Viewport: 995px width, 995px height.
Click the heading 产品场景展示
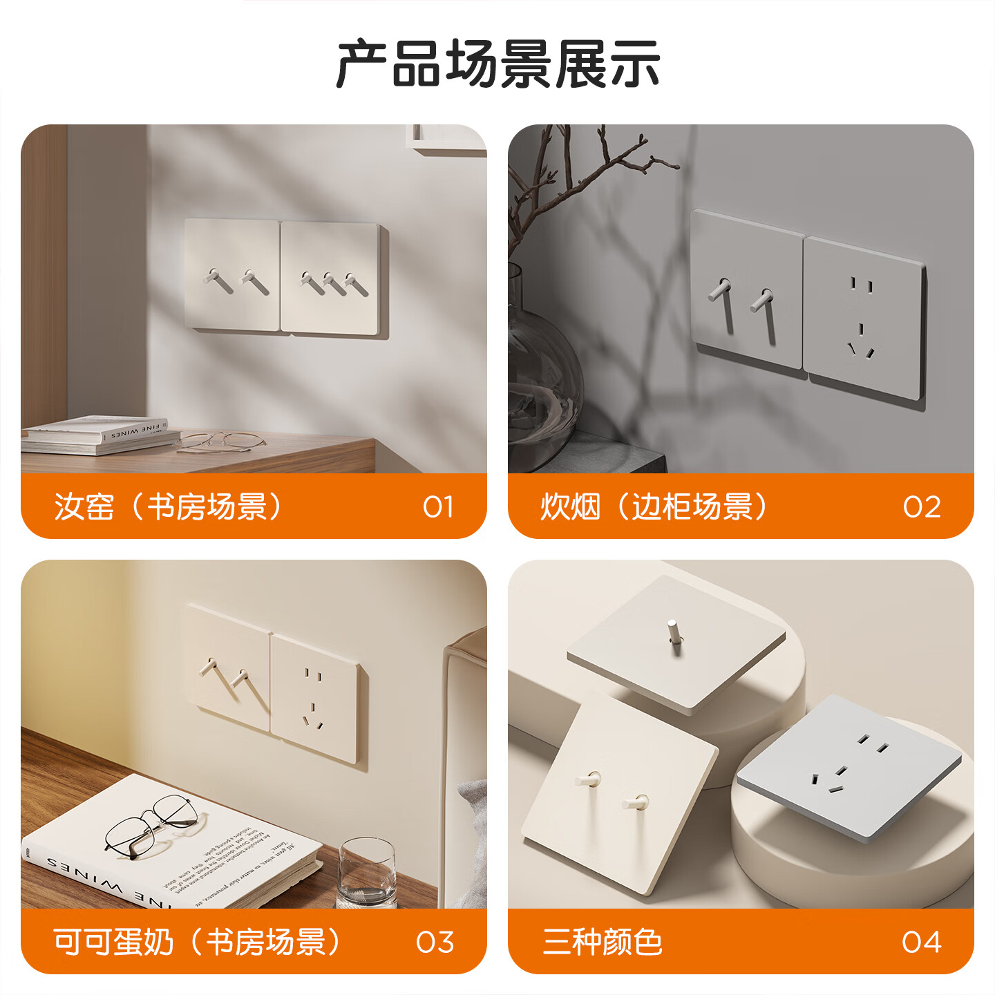(497, 64)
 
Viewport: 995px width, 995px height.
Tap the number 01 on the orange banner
(438, 507)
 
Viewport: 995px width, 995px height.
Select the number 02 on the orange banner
(922, 507)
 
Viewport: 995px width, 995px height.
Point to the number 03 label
(435, 942)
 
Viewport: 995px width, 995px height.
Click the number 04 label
(922, 942)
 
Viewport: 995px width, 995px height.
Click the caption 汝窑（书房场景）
(169, 507)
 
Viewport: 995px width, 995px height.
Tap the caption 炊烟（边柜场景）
(654, 507)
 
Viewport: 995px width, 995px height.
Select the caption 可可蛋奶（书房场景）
(198, 942)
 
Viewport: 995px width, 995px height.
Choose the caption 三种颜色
(603, 942)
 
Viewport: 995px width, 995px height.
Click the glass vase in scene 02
(542, 373)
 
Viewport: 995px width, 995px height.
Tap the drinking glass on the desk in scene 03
(366, 872)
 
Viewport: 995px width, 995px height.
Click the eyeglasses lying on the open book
(148, 826)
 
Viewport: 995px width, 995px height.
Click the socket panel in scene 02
(864, 318)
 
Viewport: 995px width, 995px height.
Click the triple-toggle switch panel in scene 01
(332, 278)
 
